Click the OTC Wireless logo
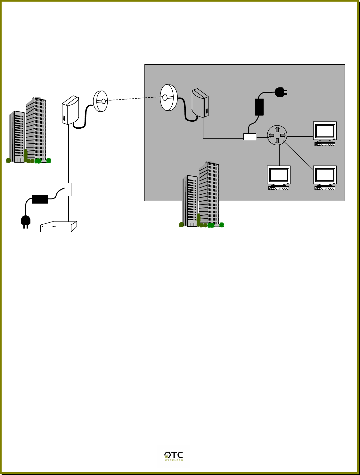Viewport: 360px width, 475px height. [173, 456]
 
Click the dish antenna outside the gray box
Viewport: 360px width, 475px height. [100, 101]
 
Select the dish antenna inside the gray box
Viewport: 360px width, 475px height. [168, 97]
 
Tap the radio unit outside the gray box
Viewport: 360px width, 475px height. [70, 110]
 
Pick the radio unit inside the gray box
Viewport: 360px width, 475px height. [200, 103]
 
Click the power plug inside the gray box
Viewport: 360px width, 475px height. [281, 93]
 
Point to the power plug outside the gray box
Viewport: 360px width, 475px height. [26, 221]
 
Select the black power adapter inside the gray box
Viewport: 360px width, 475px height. [259, 107]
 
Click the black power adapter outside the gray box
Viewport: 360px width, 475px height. [40, 199]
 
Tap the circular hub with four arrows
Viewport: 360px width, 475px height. [277, 135]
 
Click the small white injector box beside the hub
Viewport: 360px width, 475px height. [250, 137]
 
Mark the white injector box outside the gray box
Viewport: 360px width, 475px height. [68, 189]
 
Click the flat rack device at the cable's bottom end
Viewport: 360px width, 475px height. [58, 227]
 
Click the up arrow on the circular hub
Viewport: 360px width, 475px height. [277, 130]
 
